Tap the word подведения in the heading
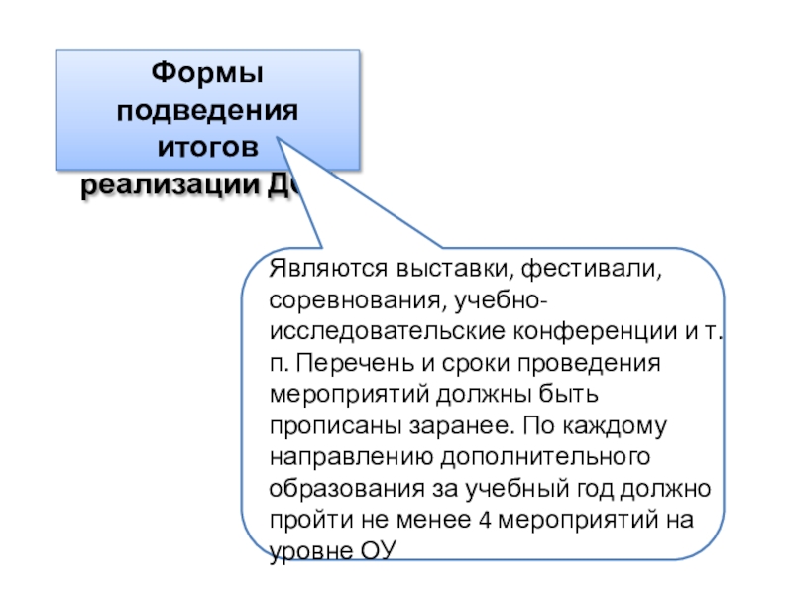tap(207, 110)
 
